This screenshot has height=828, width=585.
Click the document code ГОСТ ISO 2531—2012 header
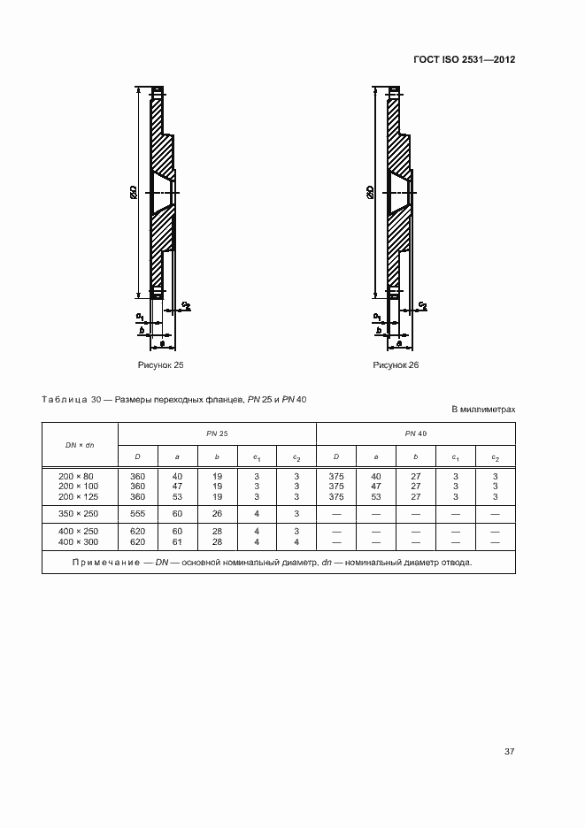pos(464,60)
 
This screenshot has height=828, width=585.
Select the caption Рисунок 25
pos(159,364)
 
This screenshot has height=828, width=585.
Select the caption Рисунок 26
pos(396,364)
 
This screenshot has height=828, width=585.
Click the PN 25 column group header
pos(217,433)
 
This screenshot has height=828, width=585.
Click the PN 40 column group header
pos(415,433)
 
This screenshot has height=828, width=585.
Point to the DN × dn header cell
pos(80,444)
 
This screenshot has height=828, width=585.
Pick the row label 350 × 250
pos(79,513)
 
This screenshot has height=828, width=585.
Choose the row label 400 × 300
pos(79,540)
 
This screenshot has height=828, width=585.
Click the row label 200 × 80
pos(79,476)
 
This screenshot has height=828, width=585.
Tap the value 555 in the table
pos(137,513)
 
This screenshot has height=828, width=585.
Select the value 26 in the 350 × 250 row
pos(217,513)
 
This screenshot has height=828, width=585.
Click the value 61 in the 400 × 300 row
pos(177,540)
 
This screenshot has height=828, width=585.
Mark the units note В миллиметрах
pos(483,410)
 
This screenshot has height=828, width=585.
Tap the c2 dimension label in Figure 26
pos(423,305)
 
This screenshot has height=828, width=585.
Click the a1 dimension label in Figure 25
pos(140,315)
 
